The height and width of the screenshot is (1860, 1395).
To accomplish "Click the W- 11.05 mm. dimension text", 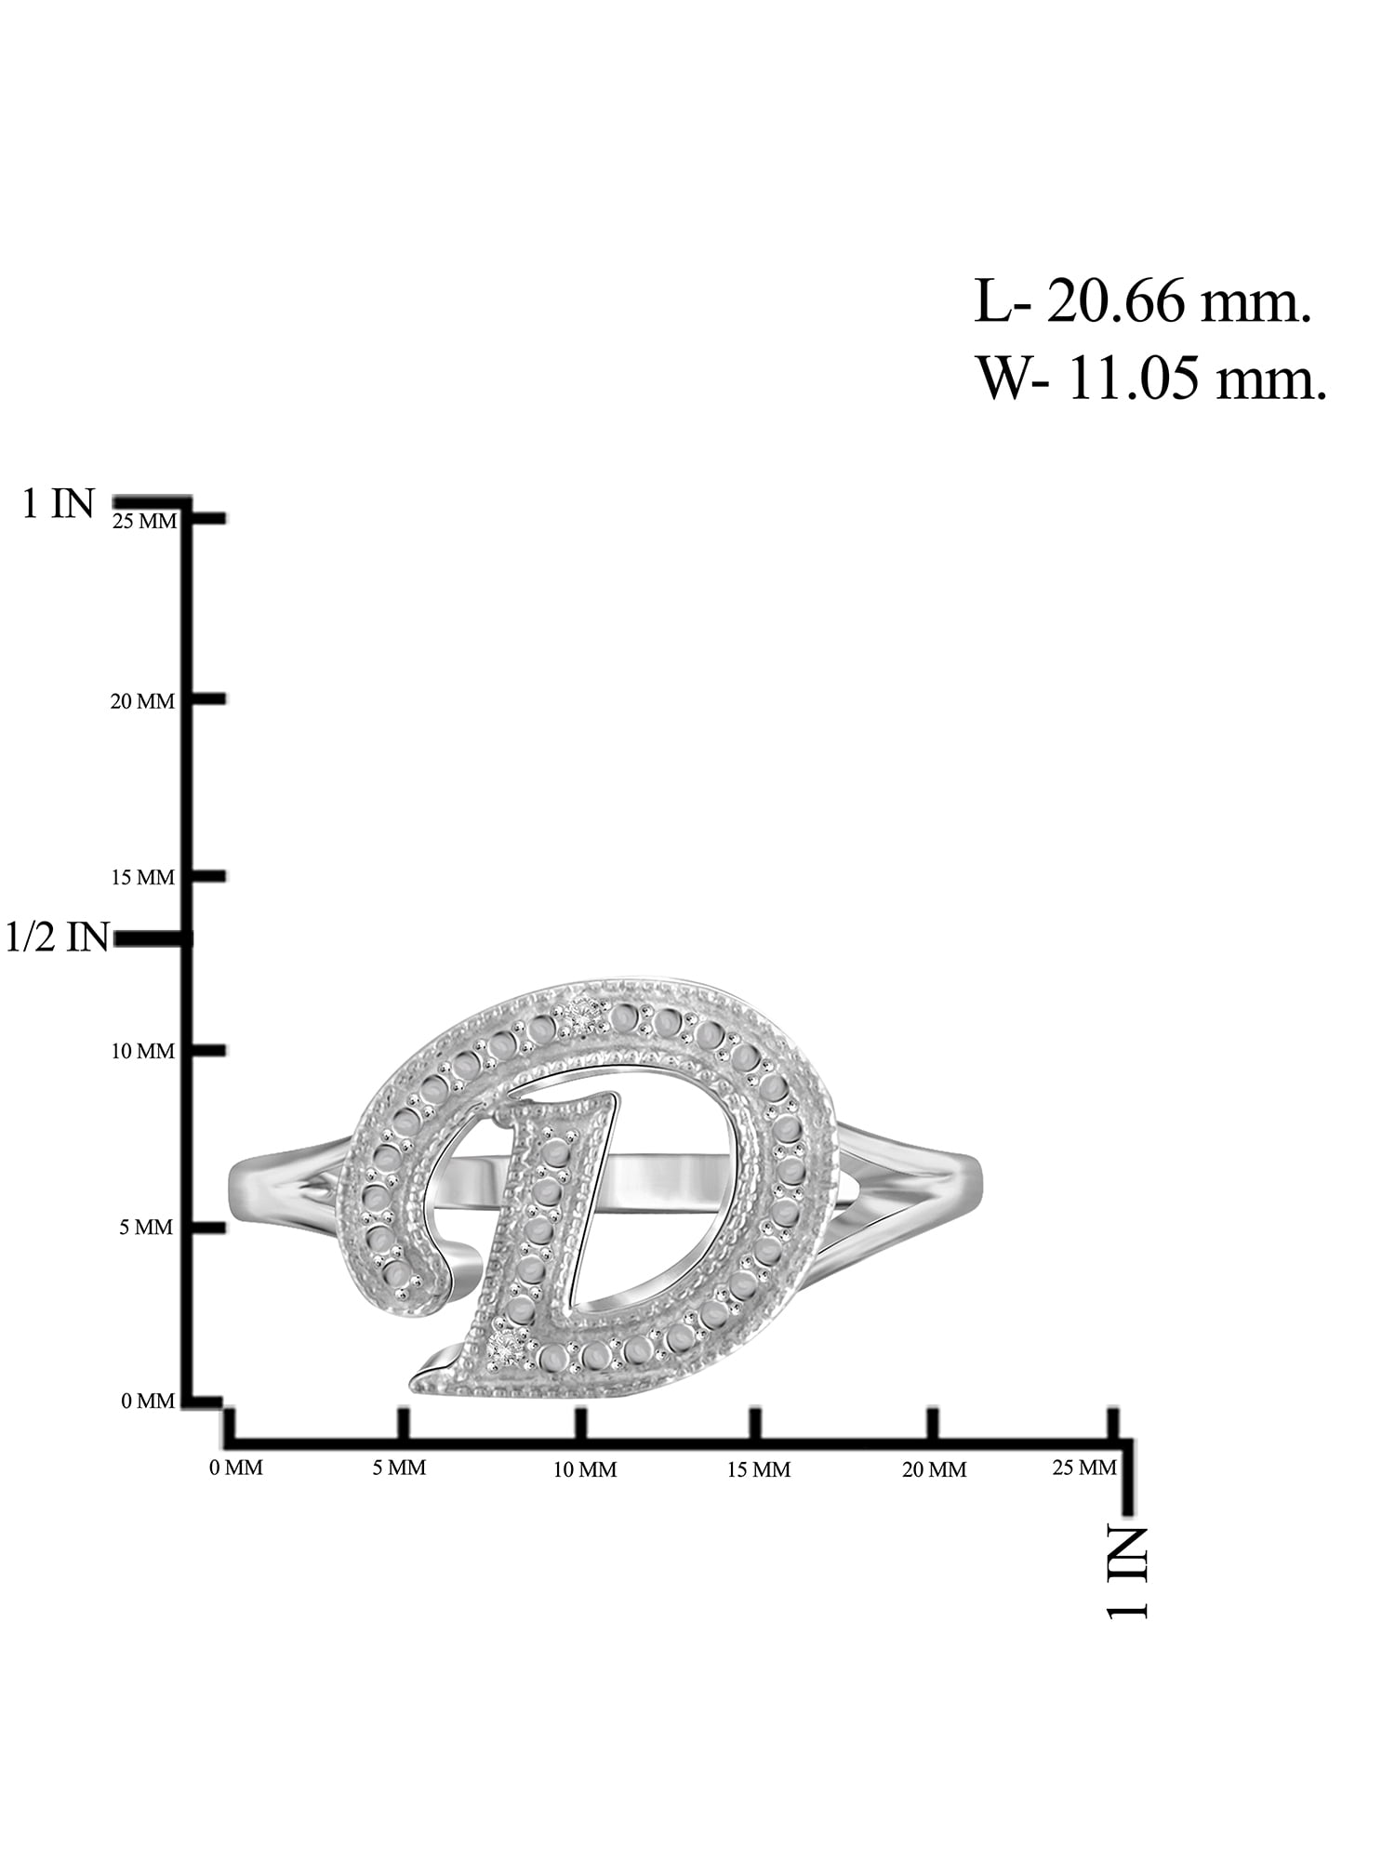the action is (x=1151, y=379).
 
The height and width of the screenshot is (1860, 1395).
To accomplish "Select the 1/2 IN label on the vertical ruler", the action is (x=58, y=937).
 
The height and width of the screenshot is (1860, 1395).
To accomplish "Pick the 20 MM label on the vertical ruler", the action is (x=142, y=701).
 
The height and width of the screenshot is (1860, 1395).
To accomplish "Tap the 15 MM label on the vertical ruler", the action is (x=142, y=877).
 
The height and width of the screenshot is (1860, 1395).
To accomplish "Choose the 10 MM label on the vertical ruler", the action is (x=142, y=1052).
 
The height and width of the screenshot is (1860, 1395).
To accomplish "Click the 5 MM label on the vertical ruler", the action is (x=146, y=1228).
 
